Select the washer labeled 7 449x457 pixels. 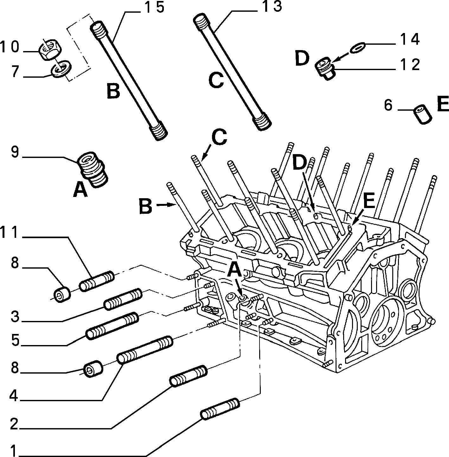pyautogui.click(x=61, y=69)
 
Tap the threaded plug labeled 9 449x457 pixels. pyautogui.click(x=93, y=170)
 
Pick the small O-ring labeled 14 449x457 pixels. pyautogui.click(x=357, y=48)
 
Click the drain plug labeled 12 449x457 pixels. pyautogui.click(x=325, y=68)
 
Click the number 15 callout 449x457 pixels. pyautogui.click(x=154, y=7)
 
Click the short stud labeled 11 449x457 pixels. pyautogui.click(x=96, y=281)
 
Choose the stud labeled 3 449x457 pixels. pyautogui.click(x=123, y=299)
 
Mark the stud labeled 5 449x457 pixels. pyautogui.click(x=112, y=326)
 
